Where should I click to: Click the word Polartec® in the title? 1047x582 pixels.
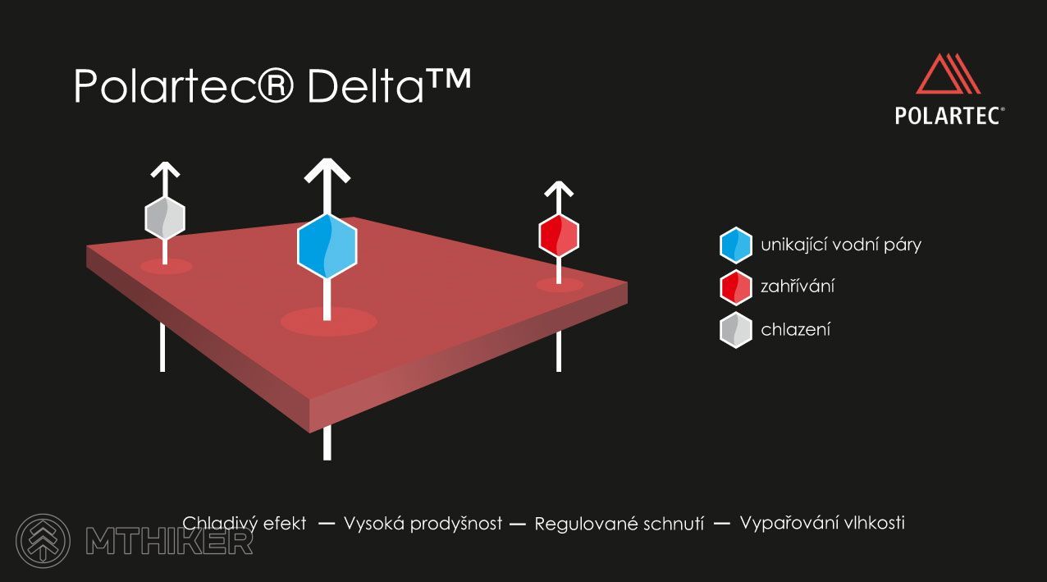point(184,86)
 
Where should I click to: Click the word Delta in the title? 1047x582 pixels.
point(365,86)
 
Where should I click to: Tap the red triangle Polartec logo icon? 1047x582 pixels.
point(948,74)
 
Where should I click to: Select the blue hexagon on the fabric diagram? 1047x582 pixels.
point(327,246)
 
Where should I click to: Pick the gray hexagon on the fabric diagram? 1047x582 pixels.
point(165,218)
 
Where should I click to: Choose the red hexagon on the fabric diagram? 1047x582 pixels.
point(559,236)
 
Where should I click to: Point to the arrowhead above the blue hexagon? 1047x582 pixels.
point(327,170)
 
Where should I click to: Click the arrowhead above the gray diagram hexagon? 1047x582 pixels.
point(165,170)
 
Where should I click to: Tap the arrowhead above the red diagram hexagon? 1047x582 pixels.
point(559,189)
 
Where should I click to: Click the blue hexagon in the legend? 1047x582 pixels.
point(736,245)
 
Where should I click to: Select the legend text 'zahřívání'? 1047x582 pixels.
point(798,286)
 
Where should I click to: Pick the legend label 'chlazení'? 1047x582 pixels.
point(796,329)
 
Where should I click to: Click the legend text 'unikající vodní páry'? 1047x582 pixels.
point(841,245)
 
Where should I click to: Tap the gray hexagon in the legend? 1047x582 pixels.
point(736,330)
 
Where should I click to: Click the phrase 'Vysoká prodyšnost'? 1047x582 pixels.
point(423,524)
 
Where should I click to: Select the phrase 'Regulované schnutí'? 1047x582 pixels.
point(619,524)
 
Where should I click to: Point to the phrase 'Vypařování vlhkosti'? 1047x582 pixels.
point(822,523)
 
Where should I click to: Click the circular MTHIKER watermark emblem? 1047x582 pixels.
point(43,541)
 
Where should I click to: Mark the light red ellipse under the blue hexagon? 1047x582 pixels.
point(328,322)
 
